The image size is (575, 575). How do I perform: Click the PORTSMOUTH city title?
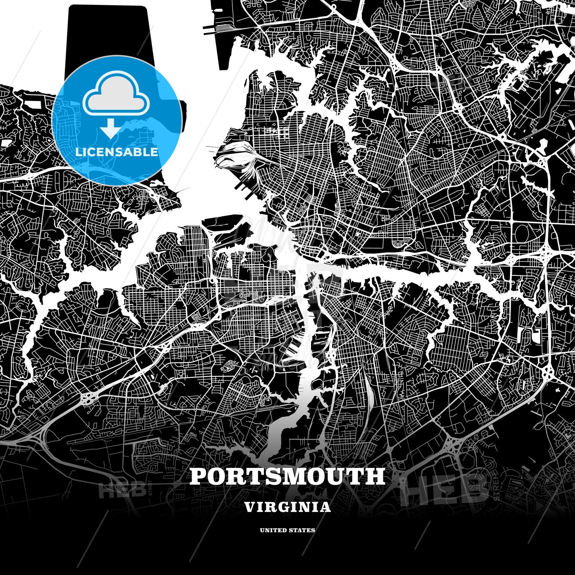[x=287, y=476]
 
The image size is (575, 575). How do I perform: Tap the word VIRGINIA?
[x=287, y=507]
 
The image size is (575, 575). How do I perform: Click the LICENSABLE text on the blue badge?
[x=117, y=152]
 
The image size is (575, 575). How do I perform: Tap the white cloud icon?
[x=116, y=96]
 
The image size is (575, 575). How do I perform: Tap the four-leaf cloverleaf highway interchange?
[x=89, y=397]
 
